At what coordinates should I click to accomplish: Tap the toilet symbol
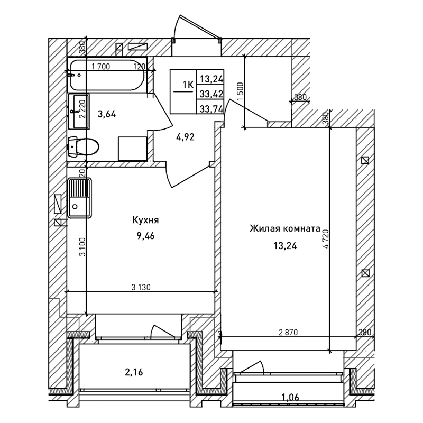point(85,146)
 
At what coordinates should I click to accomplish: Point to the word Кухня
point(146,221)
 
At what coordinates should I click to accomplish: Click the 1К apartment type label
point(187,84)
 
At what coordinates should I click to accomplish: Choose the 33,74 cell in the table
point(210,108)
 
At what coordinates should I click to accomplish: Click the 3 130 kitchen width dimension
point(141,287)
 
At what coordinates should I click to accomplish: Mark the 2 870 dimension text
point(289,333)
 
